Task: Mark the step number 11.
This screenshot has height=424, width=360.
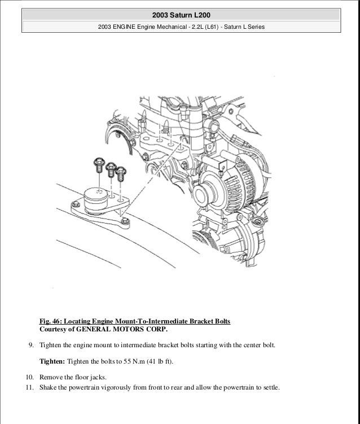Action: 28,388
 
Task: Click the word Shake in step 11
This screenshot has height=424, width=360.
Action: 49,388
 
